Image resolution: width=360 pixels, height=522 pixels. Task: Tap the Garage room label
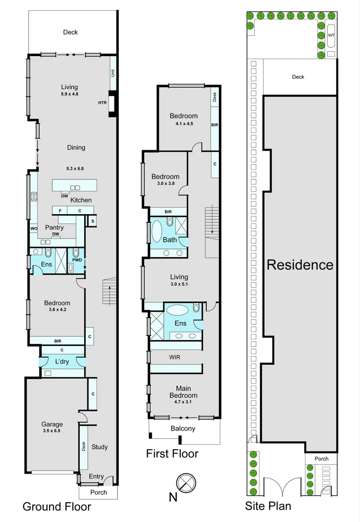[x=52, y=424]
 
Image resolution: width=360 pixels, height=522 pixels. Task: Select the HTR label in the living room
[x=102, y=102]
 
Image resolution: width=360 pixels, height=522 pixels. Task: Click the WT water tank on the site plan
[x=331, y=36]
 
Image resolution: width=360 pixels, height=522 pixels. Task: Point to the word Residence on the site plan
[x=300, y=265]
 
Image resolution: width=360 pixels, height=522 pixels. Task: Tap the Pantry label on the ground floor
[x=55, y=227]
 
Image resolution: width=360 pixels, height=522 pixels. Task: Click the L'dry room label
[x=63, y=362]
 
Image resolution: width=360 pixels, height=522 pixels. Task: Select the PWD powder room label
[x=76, y=261]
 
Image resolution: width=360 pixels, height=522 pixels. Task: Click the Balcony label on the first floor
[x=183, y=429]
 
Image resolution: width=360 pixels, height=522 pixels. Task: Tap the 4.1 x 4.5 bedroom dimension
[x=184, y=123]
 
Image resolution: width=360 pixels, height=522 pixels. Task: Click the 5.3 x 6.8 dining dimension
[x=75, y=169]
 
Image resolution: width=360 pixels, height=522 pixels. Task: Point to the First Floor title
[x=172, y=454]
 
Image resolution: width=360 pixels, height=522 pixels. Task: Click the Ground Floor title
[x=57, y=507]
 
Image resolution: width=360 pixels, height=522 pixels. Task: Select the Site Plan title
[x=267, y=507]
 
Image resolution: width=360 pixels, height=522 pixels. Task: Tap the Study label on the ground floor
[x=100, y=447]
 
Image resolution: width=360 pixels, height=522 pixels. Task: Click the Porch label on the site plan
[x=321, y=459]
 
